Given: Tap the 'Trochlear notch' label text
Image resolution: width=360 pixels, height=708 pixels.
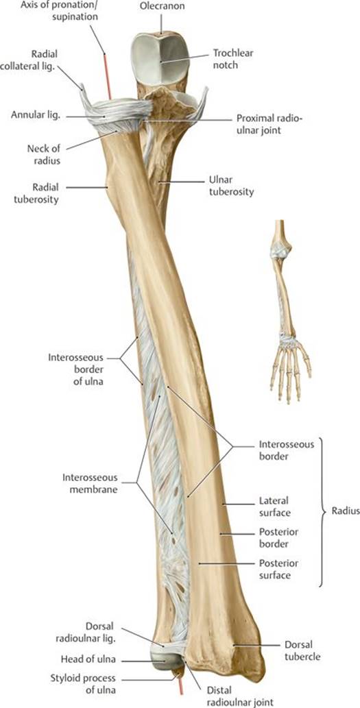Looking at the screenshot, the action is [233, 59].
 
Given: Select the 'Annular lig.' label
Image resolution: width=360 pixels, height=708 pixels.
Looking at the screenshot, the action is [36, 116].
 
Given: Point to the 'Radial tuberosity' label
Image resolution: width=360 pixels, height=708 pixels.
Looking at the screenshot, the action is [45, 193].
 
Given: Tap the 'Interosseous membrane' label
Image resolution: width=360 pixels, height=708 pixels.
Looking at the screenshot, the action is [90, 483].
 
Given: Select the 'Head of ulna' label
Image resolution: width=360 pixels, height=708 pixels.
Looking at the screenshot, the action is [88, 660].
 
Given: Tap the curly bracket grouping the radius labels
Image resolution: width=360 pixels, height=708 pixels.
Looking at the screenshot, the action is [322, 511].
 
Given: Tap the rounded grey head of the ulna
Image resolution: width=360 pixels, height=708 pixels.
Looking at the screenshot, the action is [165, 660].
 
